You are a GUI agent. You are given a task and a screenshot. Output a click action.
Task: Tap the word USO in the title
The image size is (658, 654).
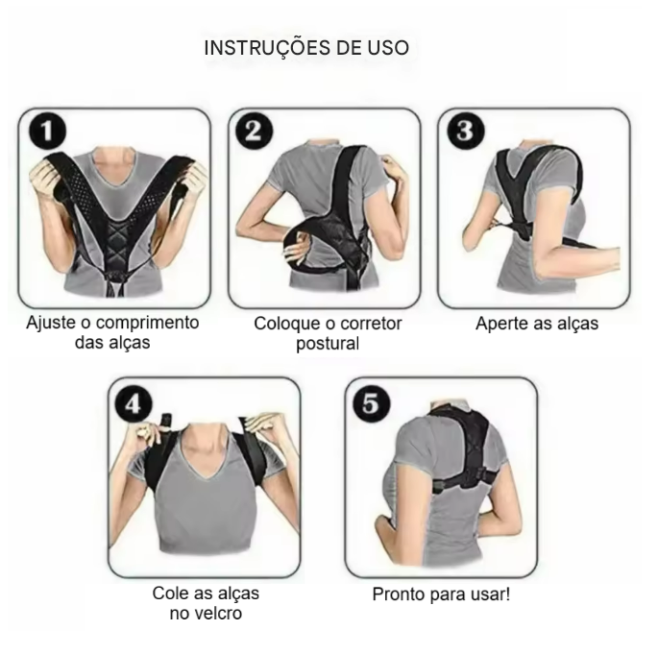click(x=386, y=49)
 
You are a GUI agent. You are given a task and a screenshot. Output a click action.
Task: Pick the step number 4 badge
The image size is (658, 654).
click(x=133, y=403)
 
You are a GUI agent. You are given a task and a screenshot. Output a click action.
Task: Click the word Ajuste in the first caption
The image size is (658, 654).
click(x=50, y=323)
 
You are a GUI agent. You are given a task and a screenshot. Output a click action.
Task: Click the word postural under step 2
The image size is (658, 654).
click(x=328, y=343)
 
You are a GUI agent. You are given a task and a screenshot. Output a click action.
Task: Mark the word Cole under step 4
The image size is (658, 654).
click(x=170, y=593)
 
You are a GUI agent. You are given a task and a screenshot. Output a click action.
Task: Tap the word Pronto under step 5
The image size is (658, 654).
click(x=399, y=593)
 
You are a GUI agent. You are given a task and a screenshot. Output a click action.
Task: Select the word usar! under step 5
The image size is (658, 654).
click(x=488, y=593)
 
